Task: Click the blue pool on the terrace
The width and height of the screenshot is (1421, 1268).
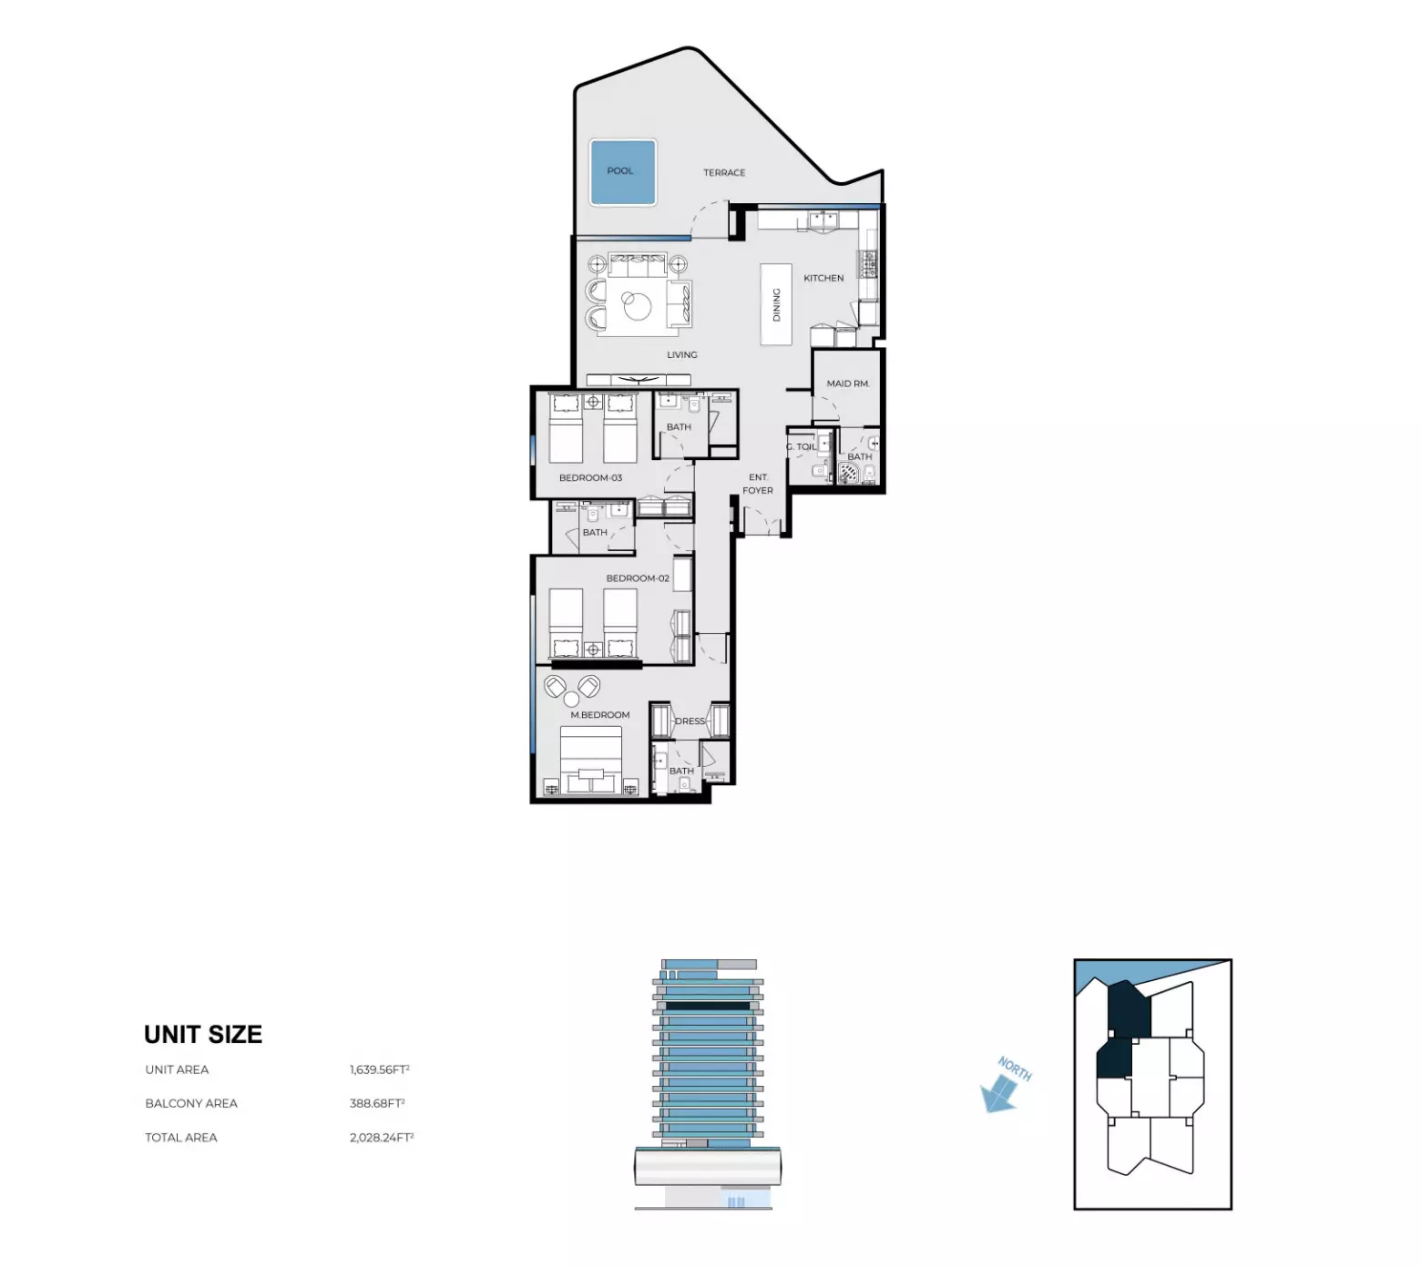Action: coord(623,171)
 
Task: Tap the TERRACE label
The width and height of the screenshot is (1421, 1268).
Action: coord(724,172)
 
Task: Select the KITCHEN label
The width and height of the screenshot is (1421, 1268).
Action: coord(823,278)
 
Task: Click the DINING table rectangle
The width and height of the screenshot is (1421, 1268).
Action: coord(776,304)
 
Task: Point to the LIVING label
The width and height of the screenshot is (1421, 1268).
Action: coord(681,354)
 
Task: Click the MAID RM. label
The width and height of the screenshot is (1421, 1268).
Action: coord(847,383)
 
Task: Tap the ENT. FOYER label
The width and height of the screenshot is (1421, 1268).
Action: coord(758,484)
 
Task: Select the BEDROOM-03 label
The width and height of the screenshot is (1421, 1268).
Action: coord(590,477)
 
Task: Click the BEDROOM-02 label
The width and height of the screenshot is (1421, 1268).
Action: coord(637,578)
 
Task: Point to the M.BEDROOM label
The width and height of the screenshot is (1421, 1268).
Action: coord(599,715)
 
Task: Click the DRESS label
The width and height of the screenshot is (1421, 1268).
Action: coord(690,721)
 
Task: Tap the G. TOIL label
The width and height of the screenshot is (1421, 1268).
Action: coord(802,446)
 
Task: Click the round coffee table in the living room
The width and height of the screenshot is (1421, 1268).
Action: coord(638,305)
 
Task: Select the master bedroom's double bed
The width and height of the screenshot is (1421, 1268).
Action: coord(590,760)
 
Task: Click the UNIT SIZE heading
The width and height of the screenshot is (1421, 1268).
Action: coord(203,1035)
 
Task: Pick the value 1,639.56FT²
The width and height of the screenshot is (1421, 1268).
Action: coord(379,1069)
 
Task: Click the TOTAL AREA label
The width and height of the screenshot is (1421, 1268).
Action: coord(181,1137)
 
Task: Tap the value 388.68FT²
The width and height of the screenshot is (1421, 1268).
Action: coord(376,1103)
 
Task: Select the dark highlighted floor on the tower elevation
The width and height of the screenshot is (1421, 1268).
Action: coord(708,1006)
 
